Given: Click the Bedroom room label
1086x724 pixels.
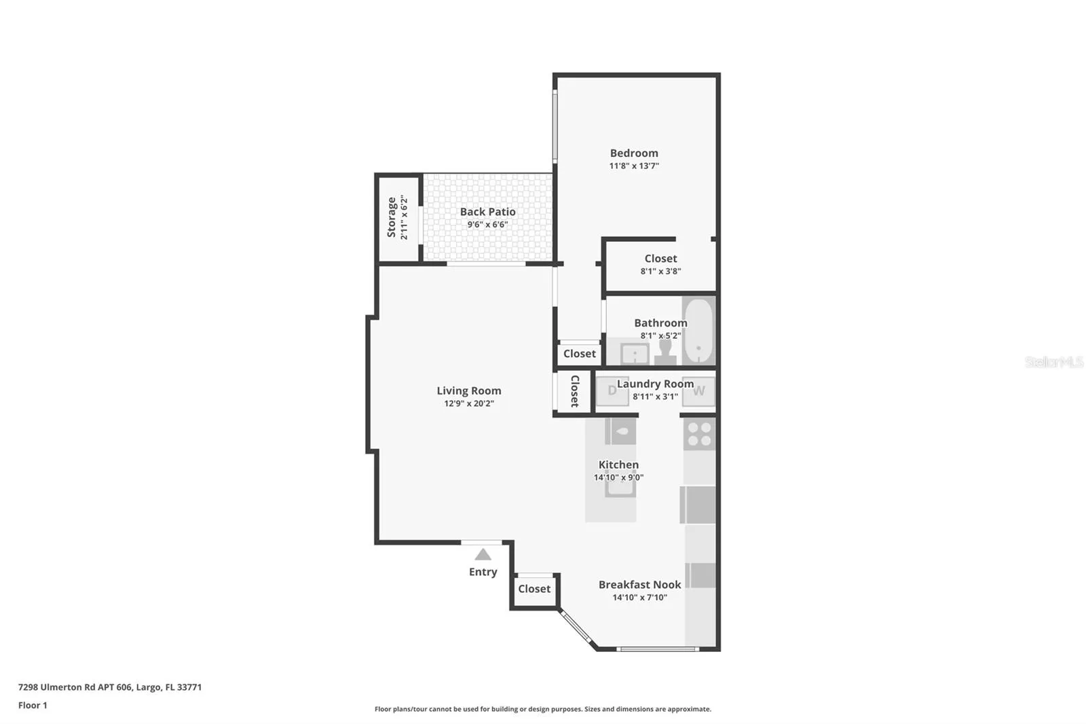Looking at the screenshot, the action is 634,153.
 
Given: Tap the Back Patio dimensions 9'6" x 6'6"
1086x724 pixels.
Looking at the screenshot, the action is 487,224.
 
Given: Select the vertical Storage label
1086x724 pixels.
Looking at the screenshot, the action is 391,217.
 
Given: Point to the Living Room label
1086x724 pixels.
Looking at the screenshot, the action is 469,390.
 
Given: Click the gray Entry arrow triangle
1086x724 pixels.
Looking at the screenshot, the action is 483,554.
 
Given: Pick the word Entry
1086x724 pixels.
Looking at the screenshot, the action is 483,572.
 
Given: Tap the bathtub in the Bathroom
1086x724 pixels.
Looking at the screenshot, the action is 698,331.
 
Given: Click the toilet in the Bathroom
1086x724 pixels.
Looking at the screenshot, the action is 665,352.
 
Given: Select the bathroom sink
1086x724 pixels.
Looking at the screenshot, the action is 635,353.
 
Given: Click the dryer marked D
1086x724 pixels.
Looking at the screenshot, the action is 612,391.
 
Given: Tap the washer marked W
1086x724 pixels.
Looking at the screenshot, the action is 698,391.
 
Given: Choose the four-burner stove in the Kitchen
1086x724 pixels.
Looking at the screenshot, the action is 700,434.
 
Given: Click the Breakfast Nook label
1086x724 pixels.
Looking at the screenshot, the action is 639,584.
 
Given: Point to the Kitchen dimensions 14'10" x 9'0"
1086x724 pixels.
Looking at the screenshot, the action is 618,477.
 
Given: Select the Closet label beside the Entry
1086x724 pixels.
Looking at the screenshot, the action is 534,589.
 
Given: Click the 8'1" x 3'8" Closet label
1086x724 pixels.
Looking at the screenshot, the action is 660,264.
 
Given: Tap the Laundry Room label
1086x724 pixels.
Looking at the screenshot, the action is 655,383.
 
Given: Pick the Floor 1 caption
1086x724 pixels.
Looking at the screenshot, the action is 33,705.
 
